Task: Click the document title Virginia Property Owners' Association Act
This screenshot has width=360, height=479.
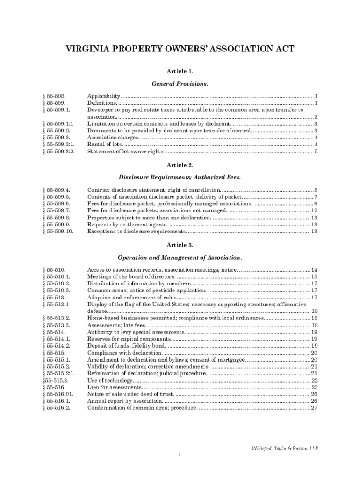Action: tap(180, 50)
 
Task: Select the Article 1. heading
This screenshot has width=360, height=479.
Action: tap(180, 71)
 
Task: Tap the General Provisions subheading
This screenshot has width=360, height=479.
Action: tap(180, 84)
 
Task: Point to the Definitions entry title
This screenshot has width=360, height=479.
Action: tap(102, 103)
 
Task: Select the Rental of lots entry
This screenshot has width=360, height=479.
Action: tap(102, 145)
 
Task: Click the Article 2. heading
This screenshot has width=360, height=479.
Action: tap(180, 165)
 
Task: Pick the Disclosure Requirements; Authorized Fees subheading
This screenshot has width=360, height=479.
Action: tap(180, 178)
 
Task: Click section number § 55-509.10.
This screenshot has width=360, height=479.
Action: tap(58, 232)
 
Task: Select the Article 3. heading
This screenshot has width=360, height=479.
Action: tap(180, 245)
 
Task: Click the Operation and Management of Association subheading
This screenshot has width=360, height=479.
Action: tap(180, 257)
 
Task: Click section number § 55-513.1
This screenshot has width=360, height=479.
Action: tap(56, 305)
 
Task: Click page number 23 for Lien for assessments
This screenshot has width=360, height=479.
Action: tap(314, 388)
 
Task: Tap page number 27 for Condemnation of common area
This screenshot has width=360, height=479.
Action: tap(314, 408)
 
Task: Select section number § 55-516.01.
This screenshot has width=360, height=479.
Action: tap(58, 394)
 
